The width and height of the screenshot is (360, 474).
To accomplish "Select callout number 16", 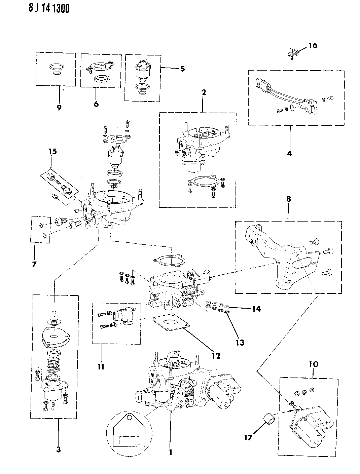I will pyautogui.click(x=313, y=45).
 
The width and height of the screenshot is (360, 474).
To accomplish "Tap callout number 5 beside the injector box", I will pyautogui.click(x=182, y=69).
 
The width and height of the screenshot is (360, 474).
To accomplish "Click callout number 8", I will pyautogui.click(x=288, y=199).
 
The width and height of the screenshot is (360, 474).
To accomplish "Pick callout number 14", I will pyautogui.click(x=256, y=308).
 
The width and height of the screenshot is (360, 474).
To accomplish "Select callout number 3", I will pyautogui.click(x=59, y=450).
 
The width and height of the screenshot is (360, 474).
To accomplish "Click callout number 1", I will pyautogui.click(x=171, y=452).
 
